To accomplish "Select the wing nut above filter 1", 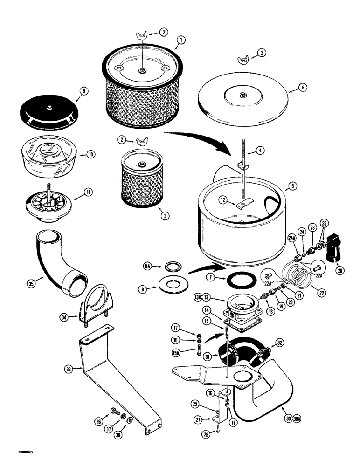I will point(141,35).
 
